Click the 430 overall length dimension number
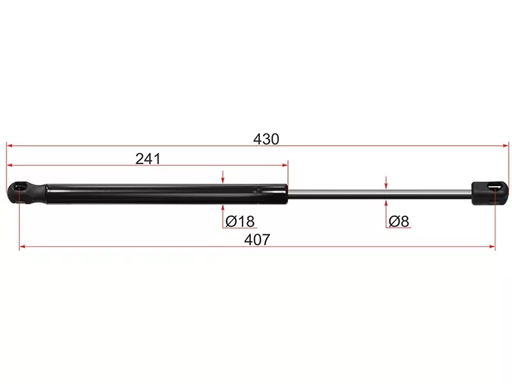(266, 139)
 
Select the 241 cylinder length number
(148, 159)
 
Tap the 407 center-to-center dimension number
(257, 239)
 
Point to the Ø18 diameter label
(240, 221)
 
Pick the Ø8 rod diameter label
(399, 221)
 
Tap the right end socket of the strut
(490, 194)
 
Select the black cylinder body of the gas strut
(167, 195)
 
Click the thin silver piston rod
(380, 195)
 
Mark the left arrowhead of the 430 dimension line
(10, 145)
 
